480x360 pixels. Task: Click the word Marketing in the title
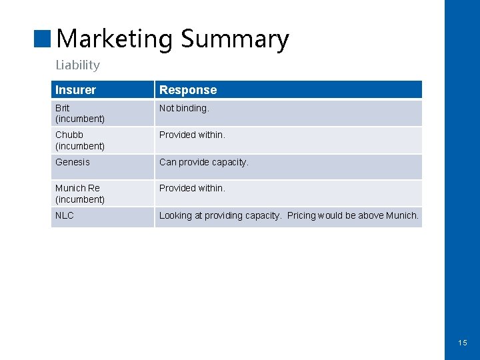pyautogui.click(x=115, y=39)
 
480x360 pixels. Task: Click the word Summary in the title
pyautogui.click(x=235, y=39)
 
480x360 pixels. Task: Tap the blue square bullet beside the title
pyautogui.click(x=43, y=39)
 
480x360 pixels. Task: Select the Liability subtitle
pyautogui.click(x=77, y=65)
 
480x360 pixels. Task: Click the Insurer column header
pyautogui.click(x=75, y=90)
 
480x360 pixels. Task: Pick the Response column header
pyautogui.click(x=188, y=90)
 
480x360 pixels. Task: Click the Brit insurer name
pyautogui.click(x=62, y=108)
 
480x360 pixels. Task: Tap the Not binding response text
pyautogui.click(x=184, y=108)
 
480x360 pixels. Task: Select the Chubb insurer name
pyautogui.click(x=69, y=135)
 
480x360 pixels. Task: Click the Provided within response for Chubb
pyautogui.click(x=192, y=135)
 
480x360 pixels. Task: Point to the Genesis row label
pyautogui.click(x=72, y=162)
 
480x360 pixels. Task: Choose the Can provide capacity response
pyautogui.click(x=203, y=162)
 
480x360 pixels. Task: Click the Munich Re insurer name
pyautogui.click(x=77, y=188)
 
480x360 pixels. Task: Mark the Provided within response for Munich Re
pyautogui.click(x=192, y=188)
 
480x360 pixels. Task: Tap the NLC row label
pyautogui.click(x=65, y=215)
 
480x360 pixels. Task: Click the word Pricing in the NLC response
pyautogui.click(x=302, y=215)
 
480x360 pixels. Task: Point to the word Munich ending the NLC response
pyautogui.click(x=402, y=215)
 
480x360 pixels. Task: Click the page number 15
pyautogui.click(x=463, y=343)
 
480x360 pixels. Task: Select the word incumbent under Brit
pyautogui.click(x=80, y=119)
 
